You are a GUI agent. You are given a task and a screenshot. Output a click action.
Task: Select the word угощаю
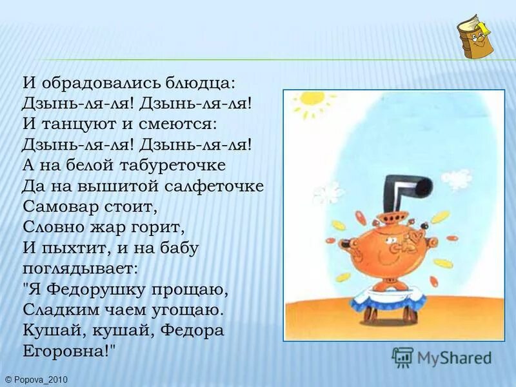pyautogui.click(x=192, y=310)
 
